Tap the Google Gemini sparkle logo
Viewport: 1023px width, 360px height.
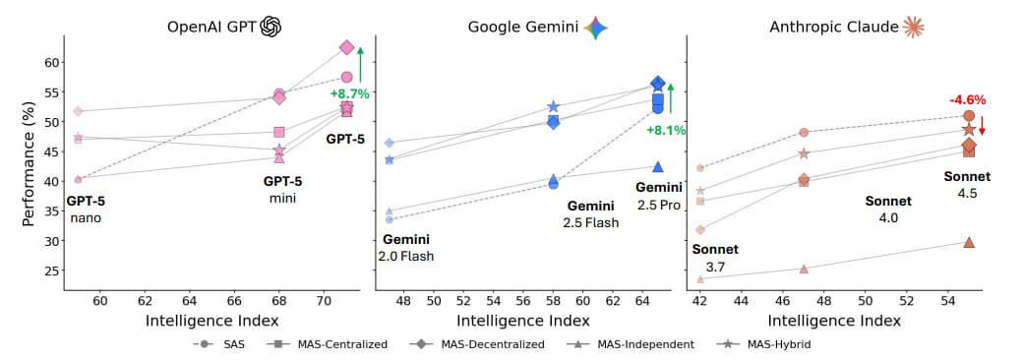pyautogui.click(x=595, y=27)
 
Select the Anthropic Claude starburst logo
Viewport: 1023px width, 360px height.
pyautogui.click(x=915, y=27)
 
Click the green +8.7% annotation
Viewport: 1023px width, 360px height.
pyautogui.click(x=349, y=93)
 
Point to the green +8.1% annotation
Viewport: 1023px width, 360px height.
pyautogui.click(x=666, y=130)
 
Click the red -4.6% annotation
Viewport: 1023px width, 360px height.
pyautogui.click(x=967, y=99)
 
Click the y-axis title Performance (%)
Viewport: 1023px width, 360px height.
pyautogui.click(x=29, y=168)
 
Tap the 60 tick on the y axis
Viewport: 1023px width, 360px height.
pyautogui.click(x=51, y=62)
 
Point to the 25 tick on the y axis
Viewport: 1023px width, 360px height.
pyautogui.click(x=51, y=270)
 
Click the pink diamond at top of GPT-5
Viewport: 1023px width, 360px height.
pyautogui.click(x=346, y=47)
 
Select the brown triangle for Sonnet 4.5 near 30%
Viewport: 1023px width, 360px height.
pyautogui.click(x=969, y=242)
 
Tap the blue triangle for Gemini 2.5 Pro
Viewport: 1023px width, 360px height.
pyautogui.click(x=658, y=167)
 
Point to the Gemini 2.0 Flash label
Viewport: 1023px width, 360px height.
pyautogui.click(x=405, y=248)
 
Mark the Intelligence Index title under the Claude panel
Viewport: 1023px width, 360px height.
pyautogui.click(x=833, y=320)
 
